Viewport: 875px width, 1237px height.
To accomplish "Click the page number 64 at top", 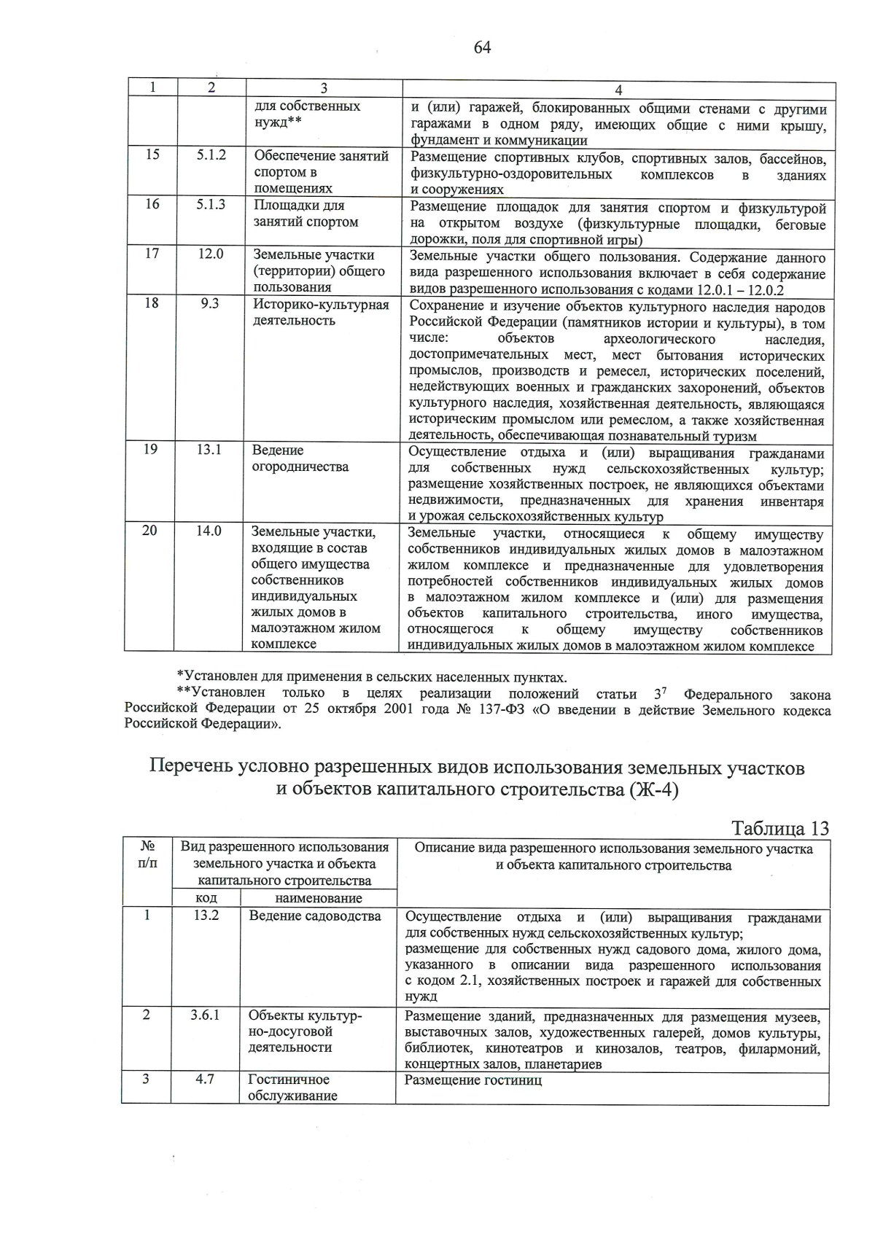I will click(482, 48).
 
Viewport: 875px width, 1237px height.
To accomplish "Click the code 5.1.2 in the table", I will click(211, 155).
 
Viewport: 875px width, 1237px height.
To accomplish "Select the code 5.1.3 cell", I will click(211, 204).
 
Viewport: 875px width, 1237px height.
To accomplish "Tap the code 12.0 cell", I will click(210, 254).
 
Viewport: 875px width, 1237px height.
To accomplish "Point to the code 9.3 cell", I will click(210, 303).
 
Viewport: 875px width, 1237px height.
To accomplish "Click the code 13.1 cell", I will click(209, 450).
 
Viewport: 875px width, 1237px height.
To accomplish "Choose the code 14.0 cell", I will click(209, 531).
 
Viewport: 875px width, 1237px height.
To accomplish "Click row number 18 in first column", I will click(151, 303).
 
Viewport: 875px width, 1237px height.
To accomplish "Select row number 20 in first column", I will click(149, 531).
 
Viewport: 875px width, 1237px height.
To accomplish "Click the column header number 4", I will click(618, 90).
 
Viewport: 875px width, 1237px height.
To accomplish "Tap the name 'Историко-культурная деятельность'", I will click(321, 312).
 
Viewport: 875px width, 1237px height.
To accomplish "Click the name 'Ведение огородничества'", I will click(300, 458).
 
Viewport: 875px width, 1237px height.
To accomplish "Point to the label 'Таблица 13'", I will click(780, 829).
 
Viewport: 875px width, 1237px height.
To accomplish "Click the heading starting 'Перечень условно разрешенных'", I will click(478, 779).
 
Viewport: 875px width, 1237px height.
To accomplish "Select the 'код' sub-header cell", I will click(206, 898).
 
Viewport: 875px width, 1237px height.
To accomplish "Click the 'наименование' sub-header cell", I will click(319, 898).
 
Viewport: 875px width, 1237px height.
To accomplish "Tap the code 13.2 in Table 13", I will click(206, 916).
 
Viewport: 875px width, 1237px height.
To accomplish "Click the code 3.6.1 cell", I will click(205, 1015).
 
